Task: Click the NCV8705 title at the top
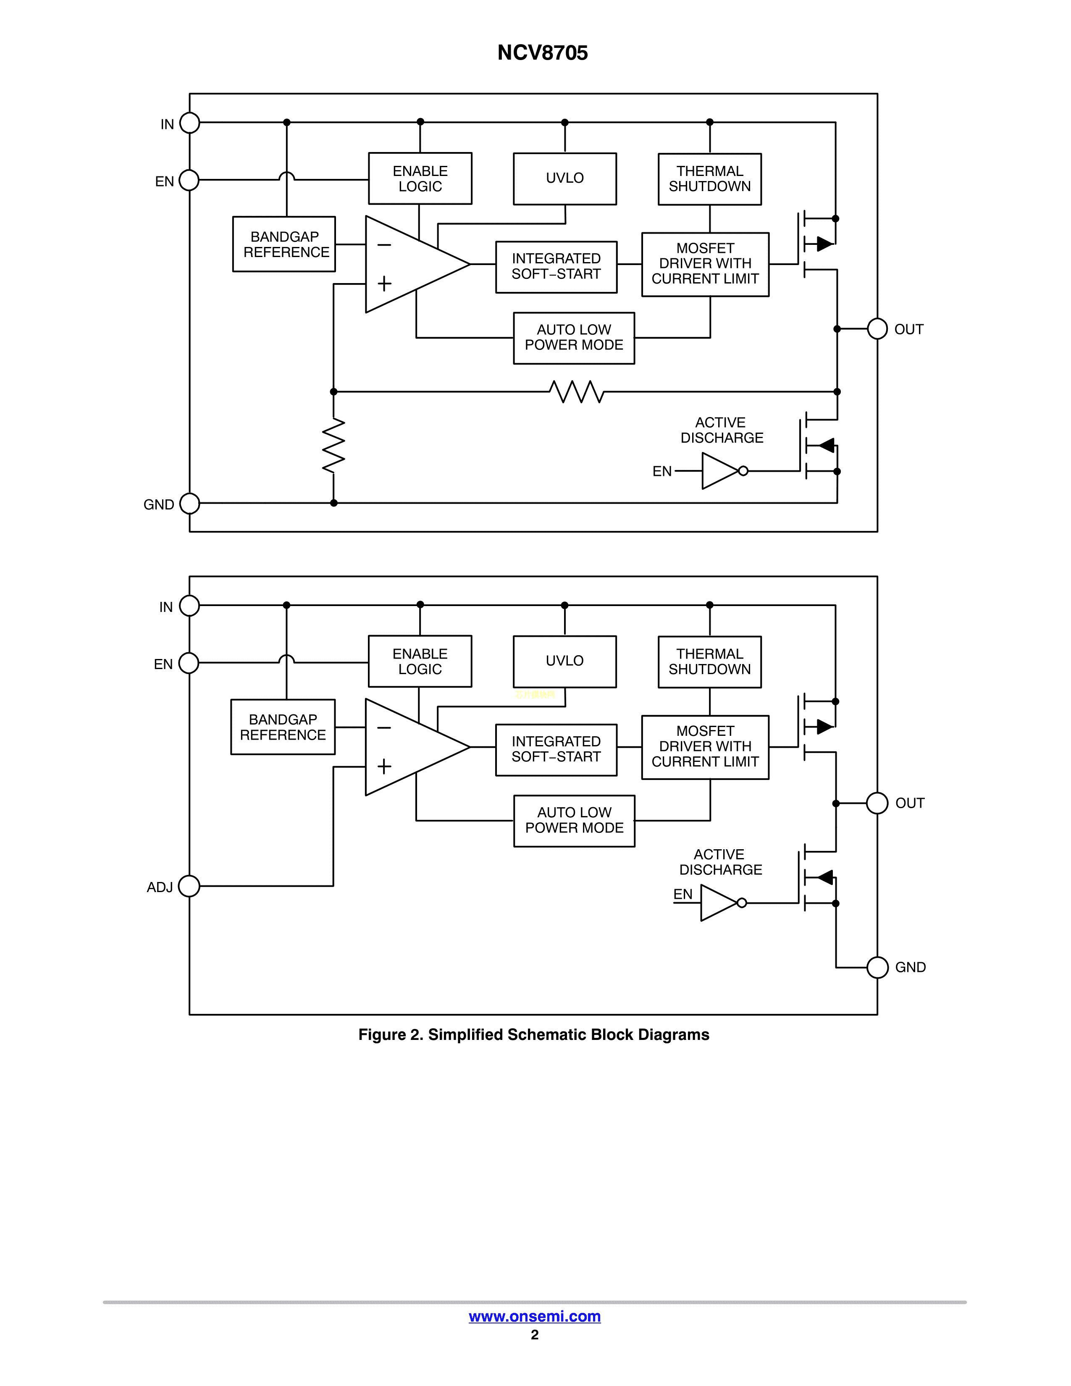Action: tap(543, 52)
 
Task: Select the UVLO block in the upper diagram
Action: tap(564, 178)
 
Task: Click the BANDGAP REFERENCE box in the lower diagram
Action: tap(283, 727)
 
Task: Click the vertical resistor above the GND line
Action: tap(334, 446)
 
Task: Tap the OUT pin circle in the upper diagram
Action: tap(877, 329)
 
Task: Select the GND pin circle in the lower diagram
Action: tap(877, 967)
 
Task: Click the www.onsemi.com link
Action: tap(534, 1316)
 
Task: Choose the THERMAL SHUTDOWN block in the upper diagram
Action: tap(709, 179)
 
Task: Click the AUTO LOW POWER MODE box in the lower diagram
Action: tap(574, 821)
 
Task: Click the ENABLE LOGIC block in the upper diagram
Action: tap(420, 178)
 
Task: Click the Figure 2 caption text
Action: tap(533, 1034)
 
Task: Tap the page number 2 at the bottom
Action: tap(535, 1335)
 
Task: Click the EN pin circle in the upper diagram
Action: tap(189, 180)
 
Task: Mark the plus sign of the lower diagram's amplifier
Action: tap(384, 766)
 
